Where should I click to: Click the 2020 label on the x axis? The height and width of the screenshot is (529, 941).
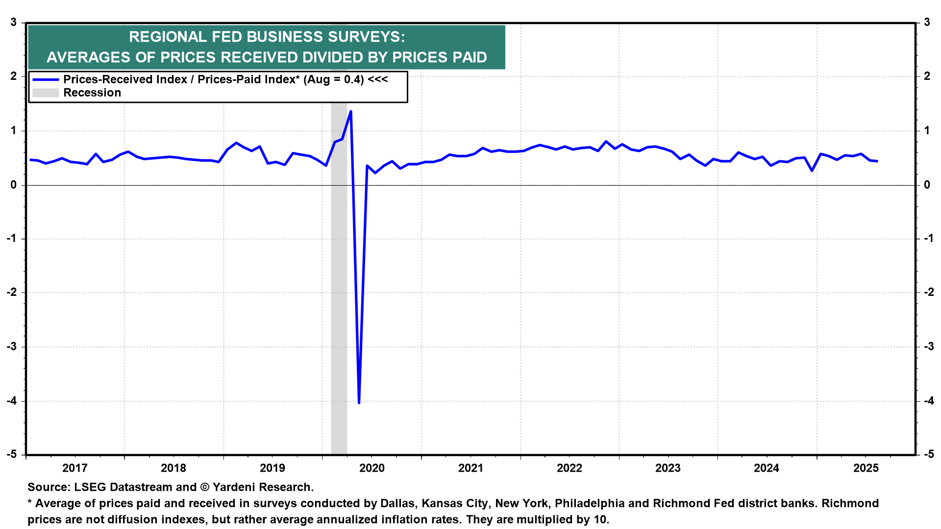[x=371, y=468]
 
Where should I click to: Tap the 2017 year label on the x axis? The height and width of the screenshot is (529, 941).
[x=75, y=468]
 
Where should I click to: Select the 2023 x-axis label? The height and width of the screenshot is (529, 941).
[x=668, y=468]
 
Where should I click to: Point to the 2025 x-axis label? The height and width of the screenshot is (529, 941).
[x=866, y=468]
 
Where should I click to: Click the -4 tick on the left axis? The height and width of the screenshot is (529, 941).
[x=11, y=401]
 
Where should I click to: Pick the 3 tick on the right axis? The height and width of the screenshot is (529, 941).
[x=927, y=23]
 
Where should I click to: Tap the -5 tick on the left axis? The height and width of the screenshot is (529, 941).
[x=11, y=455]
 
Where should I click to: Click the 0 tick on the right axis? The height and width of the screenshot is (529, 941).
[x=927, y=185]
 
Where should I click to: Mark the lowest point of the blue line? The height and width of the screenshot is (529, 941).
[x=359, y=403]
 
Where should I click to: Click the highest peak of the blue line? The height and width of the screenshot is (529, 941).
[x=350, y=111]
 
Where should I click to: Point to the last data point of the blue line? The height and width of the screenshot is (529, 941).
[x=877, y=161]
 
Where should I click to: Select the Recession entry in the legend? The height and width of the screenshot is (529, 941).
[x=92, y=93]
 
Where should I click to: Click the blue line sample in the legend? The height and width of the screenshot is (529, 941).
[x=46, y=79]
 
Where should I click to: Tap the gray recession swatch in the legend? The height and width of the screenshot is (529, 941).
[x=46, y=93]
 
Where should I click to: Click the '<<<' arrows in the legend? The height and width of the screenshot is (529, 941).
[x=378, y=79]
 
